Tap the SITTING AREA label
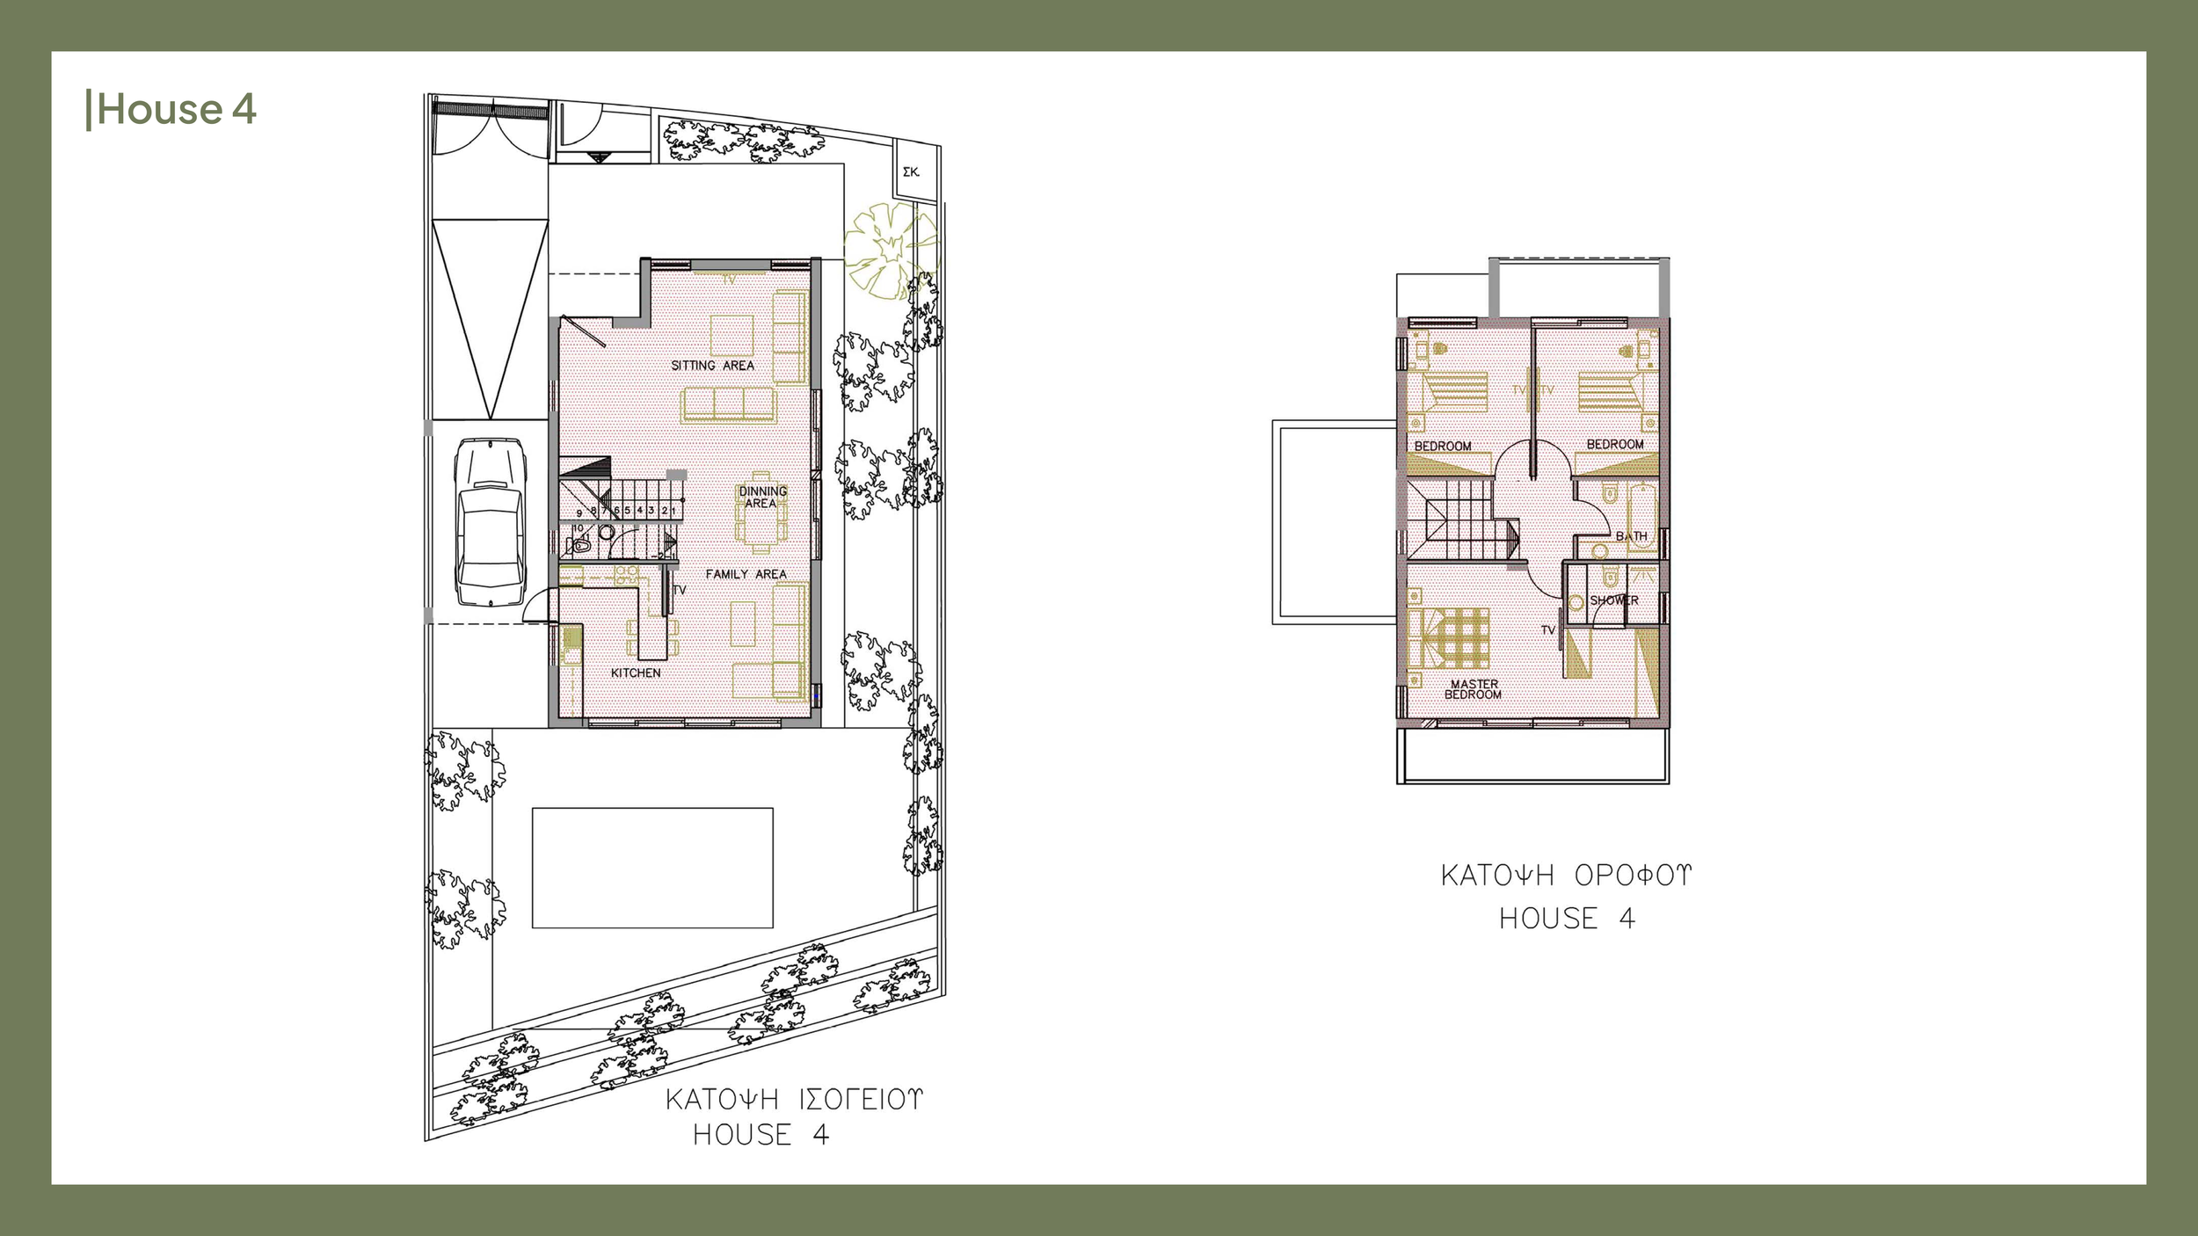coord(712,366)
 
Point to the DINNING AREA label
coord(761,498)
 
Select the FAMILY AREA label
coord(746,574)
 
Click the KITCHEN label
coord(636,673)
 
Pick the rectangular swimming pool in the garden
coord(652,868)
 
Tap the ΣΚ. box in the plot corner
coord(912,172)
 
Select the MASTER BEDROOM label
coord(1474,689)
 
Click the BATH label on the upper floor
coord(1631,536)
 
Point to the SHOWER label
coord(1614,600)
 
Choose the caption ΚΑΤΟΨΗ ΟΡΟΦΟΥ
coord(1566,876)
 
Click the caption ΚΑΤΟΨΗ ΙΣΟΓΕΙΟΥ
coord(794,1100)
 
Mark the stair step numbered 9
coord(579,513)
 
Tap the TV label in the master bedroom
coord(1548,630)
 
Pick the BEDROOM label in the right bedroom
coord(1615,445)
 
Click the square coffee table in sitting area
coord(731,335)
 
